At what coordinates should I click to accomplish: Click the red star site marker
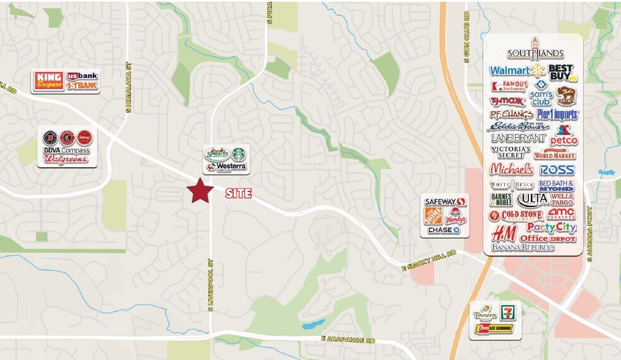[200, 191]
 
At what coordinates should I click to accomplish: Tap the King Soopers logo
[50, 81]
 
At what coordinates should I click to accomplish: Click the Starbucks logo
[238, 153]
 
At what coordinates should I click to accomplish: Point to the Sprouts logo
[216, 153]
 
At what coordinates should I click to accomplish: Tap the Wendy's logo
[456, 217]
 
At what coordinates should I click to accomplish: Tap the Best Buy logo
[561, 71]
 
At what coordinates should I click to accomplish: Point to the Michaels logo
[512, 169]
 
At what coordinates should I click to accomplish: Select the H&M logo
[504, 233]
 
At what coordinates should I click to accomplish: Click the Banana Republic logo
[523, 247]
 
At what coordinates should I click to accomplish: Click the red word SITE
[239, 195]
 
